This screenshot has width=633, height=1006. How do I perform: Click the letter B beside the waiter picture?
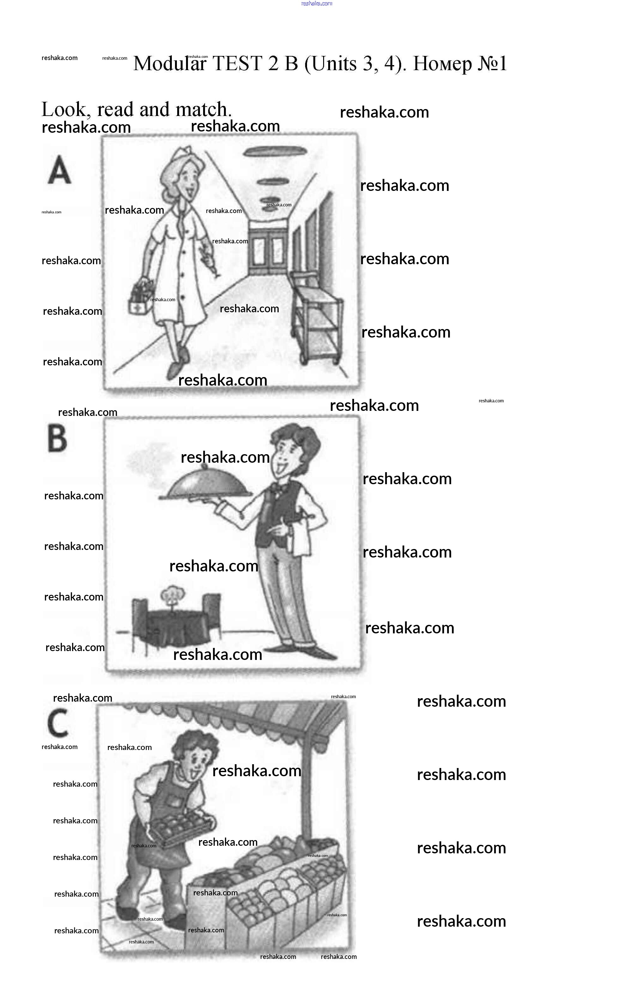click(57, 437)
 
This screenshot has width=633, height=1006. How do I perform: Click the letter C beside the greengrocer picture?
click(57, 723)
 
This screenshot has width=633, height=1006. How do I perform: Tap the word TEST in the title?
click(237, 64)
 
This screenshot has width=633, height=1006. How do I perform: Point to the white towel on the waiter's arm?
click(301, 538)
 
